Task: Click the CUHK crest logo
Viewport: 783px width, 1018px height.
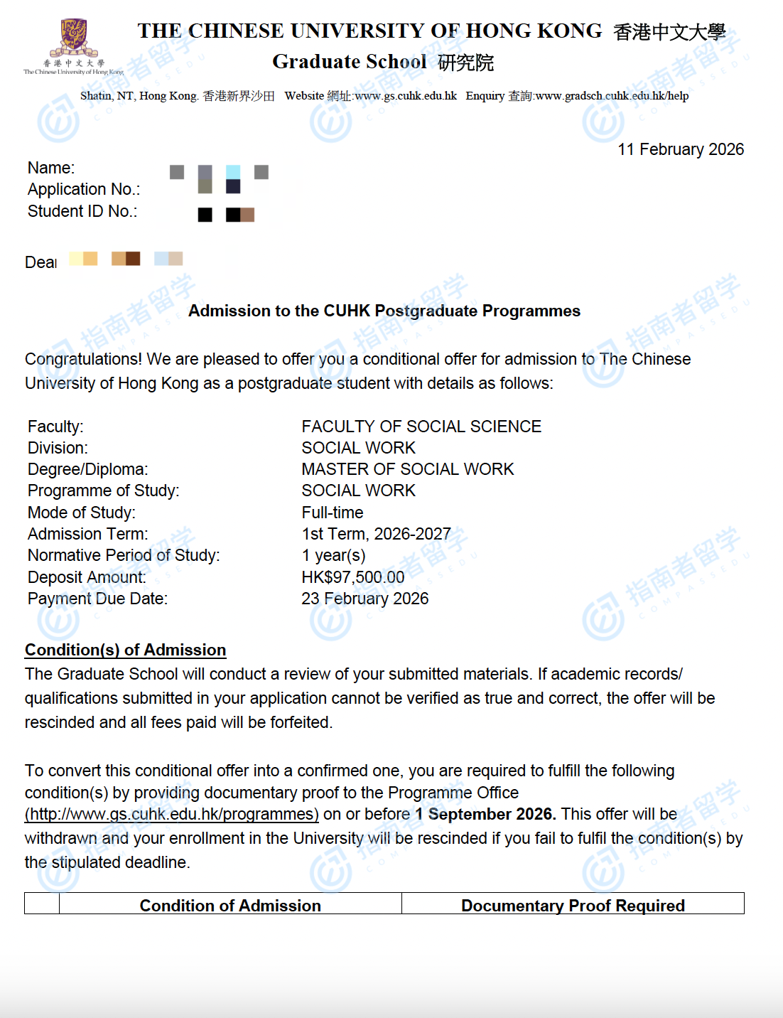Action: [73, 38]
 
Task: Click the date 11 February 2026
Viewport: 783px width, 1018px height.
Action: [680, 149]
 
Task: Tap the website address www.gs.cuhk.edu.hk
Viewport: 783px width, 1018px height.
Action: [406, 96]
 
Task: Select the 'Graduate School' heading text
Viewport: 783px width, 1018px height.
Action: [350, 62]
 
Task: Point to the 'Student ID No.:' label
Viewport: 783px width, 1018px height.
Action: [82, 211]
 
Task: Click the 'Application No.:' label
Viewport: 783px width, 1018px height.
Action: [84, 189]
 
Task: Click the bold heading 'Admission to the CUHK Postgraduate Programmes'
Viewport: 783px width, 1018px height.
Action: [384, 311]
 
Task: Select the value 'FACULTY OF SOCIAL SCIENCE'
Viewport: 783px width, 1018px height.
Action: [421, 427]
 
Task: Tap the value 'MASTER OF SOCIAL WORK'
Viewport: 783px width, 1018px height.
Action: [407, 469]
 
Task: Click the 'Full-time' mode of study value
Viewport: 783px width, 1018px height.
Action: [332, 513]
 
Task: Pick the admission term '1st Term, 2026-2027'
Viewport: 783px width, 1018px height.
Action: [376, 534]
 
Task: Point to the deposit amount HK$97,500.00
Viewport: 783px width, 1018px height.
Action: [352, 577]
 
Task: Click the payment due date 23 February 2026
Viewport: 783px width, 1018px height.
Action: [364, 599]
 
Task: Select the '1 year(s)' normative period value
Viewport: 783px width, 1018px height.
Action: [333, 555]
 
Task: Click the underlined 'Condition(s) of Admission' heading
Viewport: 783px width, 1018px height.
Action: [125, 650]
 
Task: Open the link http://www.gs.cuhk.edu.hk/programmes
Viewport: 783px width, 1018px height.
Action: [171, 814]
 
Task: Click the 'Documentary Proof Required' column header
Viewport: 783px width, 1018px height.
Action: [573, 905]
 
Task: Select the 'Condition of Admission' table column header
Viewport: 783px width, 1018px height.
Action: [230, 905]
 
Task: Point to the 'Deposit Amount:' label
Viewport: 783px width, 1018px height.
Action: [87, 577]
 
